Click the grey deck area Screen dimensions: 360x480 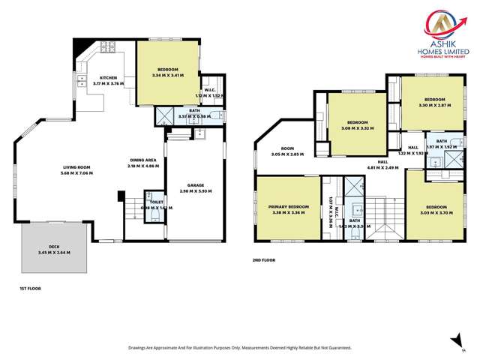(x=55, y=250)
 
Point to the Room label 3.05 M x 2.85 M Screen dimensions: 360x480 (x=286, y=151)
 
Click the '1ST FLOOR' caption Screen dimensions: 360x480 (x=31, y=288)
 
